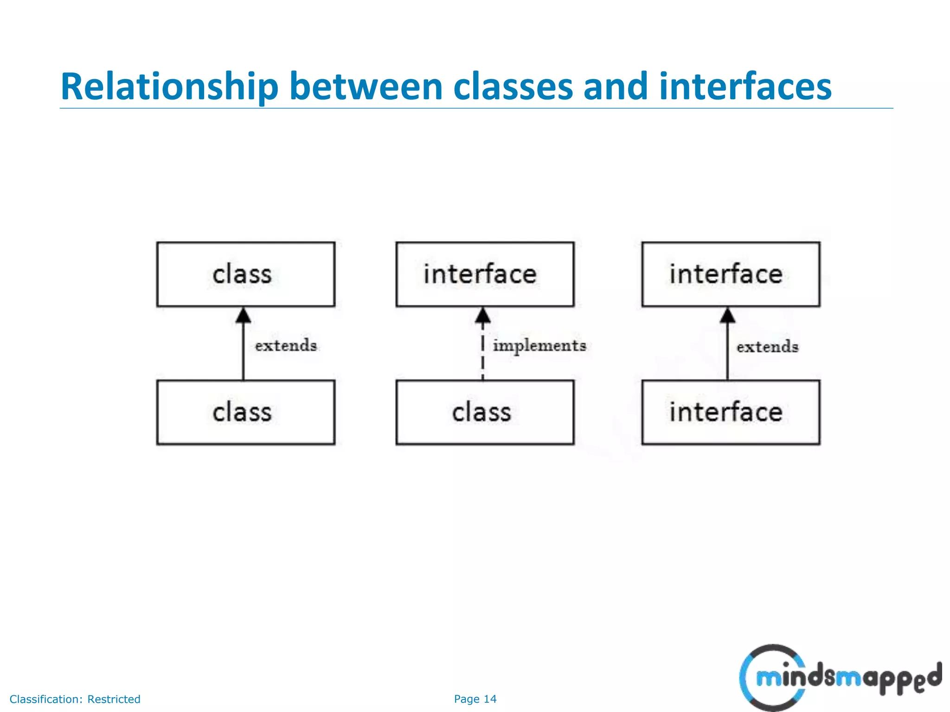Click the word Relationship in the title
[169, 87]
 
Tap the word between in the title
[366, 87]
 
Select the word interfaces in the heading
[745, 87]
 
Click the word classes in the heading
[513, 87]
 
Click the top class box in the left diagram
[245, 274]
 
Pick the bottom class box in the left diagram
[245, 412]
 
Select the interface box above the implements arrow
[485, 274]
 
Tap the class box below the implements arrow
[485, 412]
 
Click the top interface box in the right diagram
[731, 274]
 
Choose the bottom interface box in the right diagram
[731, 412]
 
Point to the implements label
[539, 346]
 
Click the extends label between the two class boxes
[286, 346]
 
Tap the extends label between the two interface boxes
[767, 347]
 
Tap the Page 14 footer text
[475, 699]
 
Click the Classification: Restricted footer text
[75, 699]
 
